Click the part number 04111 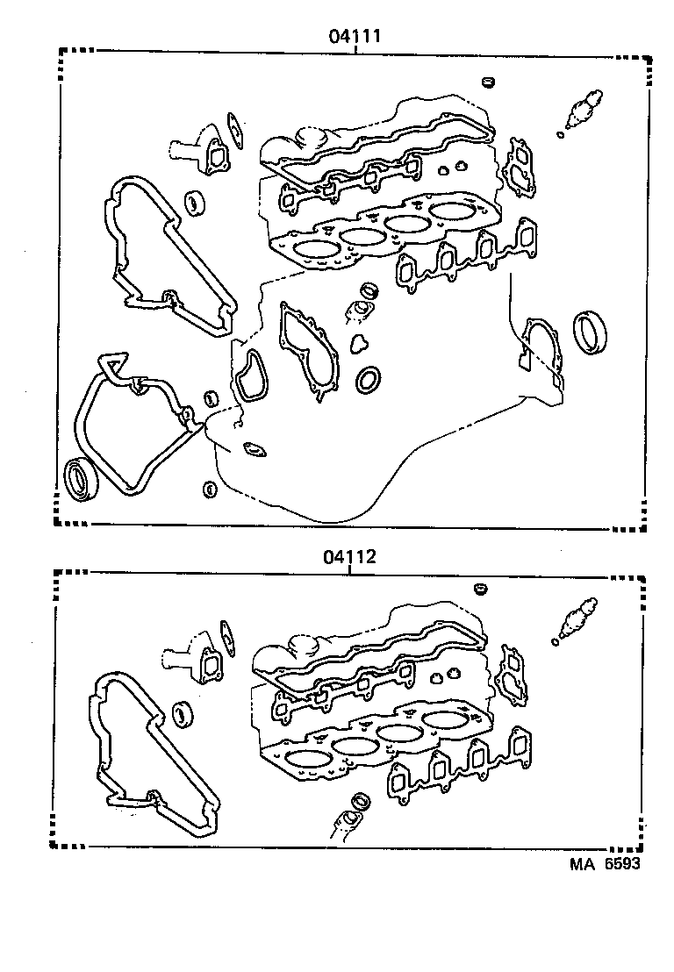(354, 36)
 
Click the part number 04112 (349, 555)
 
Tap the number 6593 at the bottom (620, 864)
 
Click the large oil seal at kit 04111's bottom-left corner (82, 480)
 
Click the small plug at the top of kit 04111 (489, 83)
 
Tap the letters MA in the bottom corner (583, 864)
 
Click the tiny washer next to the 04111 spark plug (559, 134)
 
